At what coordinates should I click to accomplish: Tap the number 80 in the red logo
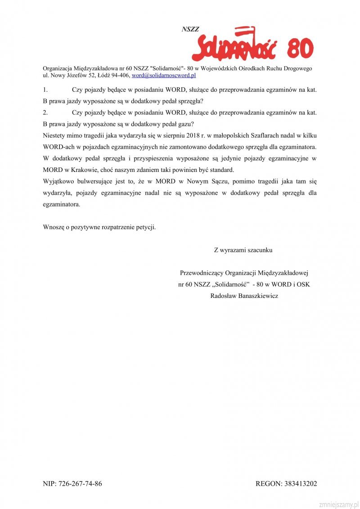tap(299, 49)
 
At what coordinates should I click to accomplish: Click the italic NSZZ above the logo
tap(190, 29)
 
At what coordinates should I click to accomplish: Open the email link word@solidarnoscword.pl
tap(163, 75)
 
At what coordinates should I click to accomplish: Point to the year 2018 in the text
tap(195, 135)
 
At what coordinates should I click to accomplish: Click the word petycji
tap(146, 227)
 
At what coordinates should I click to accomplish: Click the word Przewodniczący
tap(201, 273)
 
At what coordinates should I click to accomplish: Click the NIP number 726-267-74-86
tap(79, 484)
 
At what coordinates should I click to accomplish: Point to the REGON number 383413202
tap(300, 484)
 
